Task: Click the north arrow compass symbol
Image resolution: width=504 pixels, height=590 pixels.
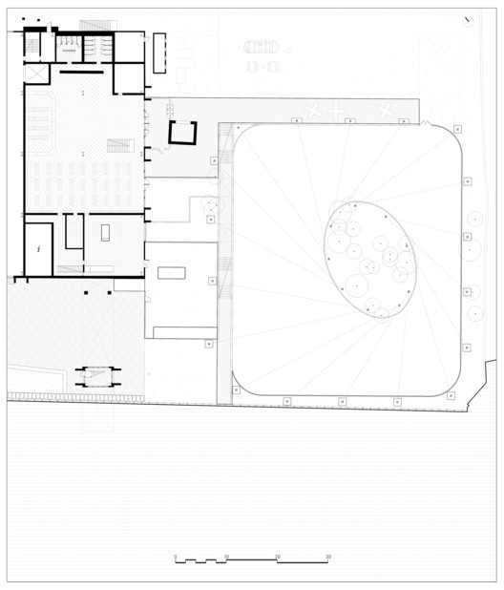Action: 467,21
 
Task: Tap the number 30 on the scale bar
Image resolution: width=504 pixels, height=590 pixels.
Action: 328,556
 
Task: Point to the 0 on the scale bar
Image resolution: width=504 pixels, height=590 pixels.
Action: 176,556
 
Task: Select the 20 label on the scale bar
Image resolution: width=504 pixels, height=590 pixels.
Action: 278,556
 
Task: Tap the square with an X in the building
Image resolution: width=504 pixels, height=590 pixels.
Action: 36,74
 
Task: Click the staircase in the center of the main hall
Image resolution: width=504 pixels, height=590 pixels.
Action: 118,146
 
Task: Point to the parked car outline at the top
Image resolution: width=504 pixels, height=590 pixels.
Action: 262,46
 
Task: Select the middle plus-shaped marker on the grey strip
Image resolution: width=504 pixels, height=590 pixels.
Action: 335,112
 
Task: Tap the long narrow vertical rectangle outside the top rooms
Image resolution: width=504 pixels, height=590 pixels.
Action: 158,53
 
